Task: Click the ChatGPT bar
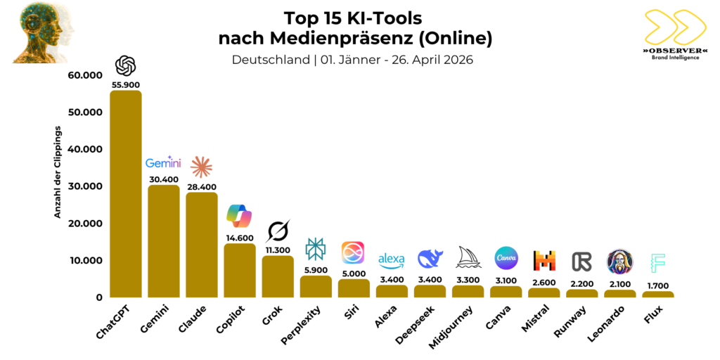[125, 193]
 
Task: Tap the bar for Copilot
[239, 270]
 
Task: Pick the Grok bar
[277, 276]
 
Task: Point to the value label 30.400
[163, 179]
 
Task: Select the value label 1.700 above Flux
[657, 285]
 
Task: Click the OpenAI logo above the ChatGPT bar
[125, 66]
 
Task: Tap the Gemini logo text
[163, 163]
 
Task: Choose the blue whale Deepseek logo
[430, 259]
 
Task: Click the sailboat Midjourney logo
[468, 257]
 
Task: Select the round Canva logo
[506, 258]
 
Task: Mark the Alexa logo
[392, 260]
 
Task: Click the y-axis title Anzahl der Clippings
[58, 172]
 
